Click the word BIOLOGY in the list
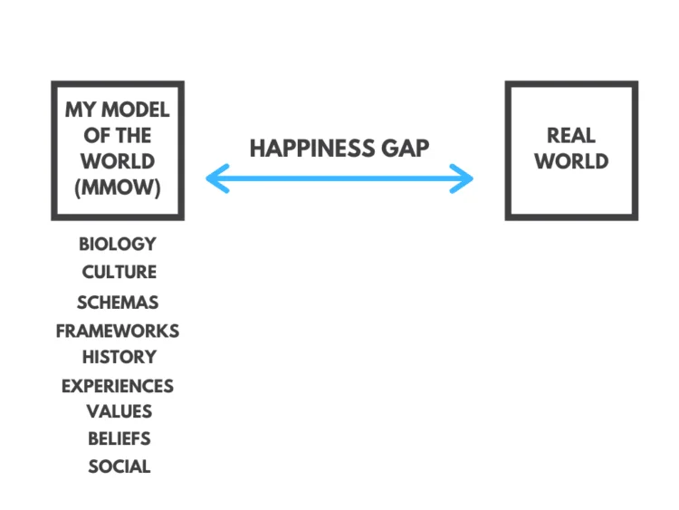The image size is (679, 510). coord(118,244)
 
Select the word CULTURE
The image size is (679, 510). coord(120,272)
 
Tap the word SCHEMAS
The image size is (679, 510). coord(118,303)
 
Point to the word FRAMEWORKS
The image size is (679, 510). coord(118,331)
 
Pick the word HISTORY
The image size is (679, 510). coord(120,357)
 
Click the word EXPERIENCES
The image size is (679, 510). coord(118,386)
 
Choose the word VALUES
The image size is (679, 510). coord(120,411)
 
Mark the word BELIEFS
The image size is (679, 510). coord(120,439)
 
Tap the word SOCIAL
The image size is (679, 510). coord(120,467)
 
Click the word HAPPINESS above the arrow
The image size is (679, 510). coord(312,149)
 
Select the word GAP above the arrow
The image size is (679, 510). coord(406,149)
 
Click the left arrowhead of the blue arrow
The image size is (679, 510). coord(217,178)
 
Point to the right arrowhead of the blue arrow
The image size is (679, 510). coord(462,178)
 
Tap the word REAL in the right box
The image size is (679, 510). coord(570,136)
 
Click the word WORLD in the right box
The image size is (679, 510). coord(571,161)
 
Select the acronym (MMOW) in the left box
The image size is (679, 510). coord(118,188)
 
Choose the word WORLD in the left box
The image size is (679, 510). coord(118,161)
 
